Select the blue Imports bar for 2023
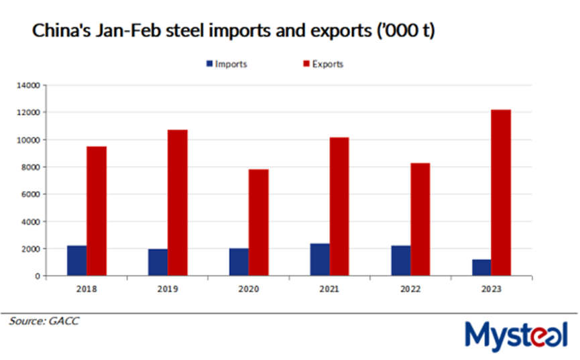[481, 267]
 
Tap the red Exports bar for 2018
[97, 211]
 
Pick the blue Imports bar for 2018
[77, 261]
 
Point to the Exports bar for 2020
[259, 223]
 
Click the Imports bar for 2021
[320, 259]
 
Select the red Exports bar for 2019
[178, 202]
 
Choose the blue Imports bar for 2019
[158, 262]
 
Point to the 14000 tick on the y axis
[30, 86]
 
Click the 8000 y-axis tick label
[32, 168]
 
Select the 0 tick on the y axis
[38, 276]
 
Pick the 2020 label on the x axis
[248, 289]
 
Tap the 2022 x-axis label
[410, 289]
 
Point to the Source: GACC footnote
[44, 321]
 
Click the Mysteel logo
[517, 333]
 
